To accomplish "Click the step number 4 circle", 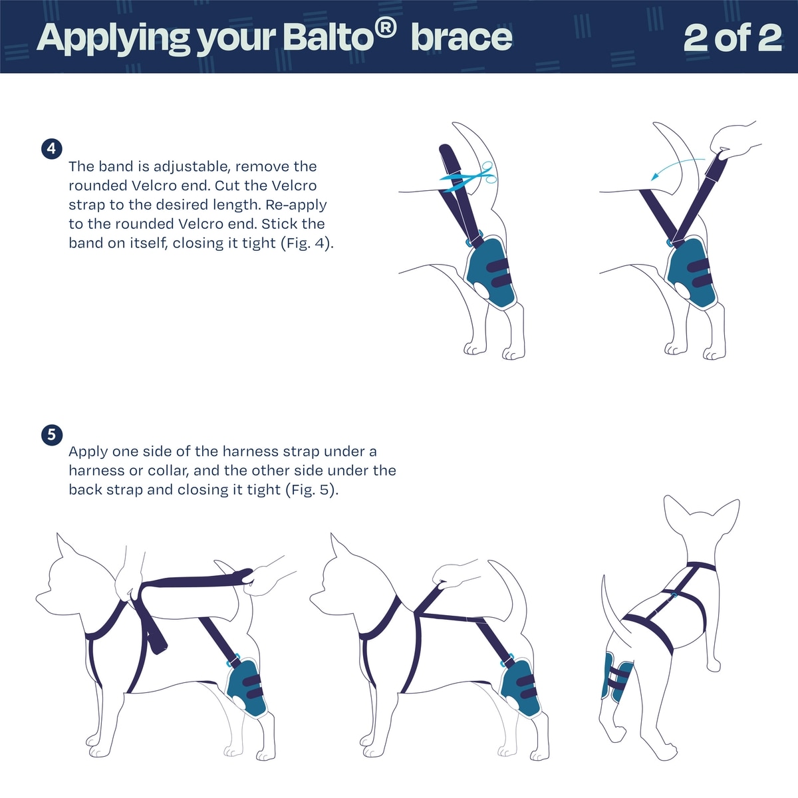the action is click(x=51, y=149).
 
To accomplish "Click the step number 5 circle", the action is click(x=51, y=435).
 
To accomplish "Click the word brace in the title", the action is click(x=462, y=38).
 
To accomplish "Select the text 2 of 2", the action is click(x=733, y=38).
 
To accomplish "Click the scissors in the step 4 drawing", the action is click(x=469, y=179).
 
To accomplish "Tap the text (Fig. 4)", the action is click(x=307, y=243).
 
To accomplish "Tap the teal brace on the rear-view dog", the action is click(x=616, y=678).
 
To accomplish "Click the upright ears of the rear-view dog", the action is click(x=701, y=513).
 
